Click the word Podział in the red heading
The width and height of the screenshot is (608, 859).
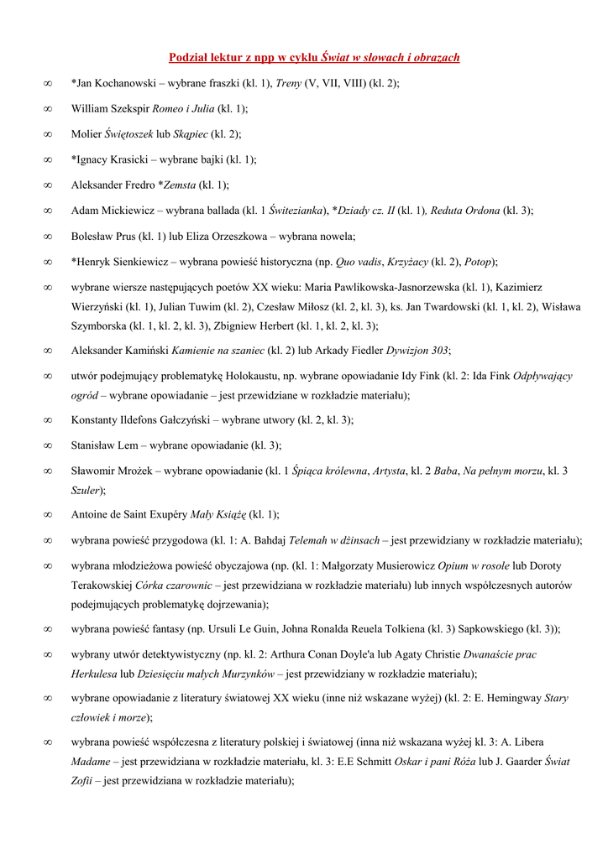[189, 58]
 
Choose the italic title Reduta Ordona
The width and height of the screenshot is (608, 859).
[466, 211]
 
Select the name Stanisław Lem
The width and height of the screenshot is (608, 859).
[103, 445]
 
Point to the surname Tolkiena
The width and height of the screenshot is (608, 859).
[404, 628]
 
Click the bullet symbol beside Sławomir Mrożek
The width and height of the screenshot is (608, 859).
[48, 471]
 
